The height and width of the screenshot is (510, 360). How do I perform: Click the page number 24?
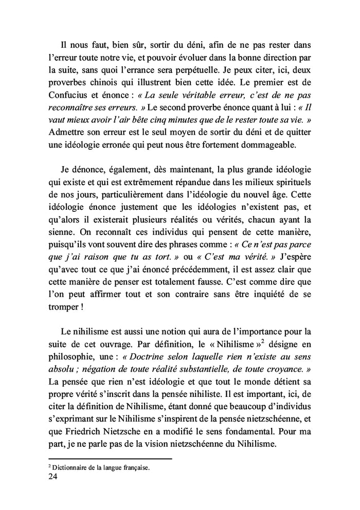[53, 477]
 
